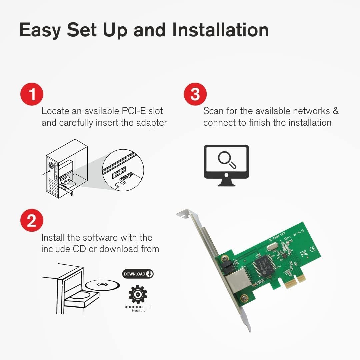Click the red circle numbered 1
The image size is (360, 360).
(x=32, y=94)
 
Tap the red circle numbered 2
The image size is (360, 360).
(x=32, y=220)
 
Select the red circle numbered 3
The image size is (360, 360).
(x=195, y=94)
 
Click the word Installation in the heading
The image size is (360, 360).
(x=220, y=30)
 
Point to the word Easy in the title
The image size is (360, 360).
(x=40, y=30)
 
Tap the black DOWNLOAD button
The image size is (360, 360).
(x=138, y=274)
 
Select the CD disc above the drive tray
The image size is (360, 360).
(x=102, y=285)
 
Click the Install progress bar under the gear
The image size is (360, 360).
(x=138, y=307)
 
